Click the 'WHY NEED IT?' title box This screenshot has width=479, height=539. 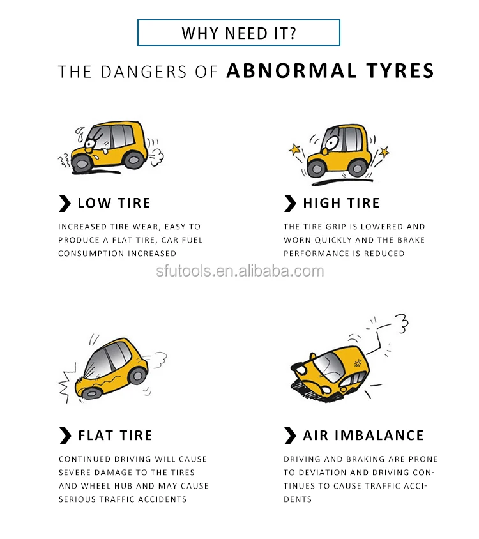coord(239,33)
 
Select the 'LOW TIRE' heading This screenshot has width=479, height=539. coord(114,204)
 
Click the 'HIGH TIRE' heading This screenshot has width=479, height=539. coord(341,204)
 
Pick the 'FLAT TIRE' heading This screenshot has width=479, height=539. coord(115,436)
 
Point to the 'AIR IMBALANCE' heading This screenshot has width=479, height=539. coord(363,436)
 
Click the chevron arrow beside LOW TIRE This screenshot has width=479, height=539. coord(65,204)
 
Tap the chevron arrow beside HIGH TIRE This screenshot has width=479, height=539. coord(290,204)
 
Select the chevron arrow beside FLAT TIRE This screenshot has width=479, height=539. coord(65,436)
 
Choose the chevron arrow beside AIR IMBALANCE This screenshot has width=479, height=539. coord(290,436)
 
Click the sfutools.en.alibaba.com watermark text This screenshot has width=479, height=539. coord(240,271)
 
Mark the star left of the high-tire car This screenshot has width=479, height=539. coord(295,150)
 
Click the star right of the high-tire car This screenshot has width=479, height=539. coord(383,152)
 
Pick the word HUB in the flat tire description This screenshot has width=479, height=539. coord(125,486)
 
